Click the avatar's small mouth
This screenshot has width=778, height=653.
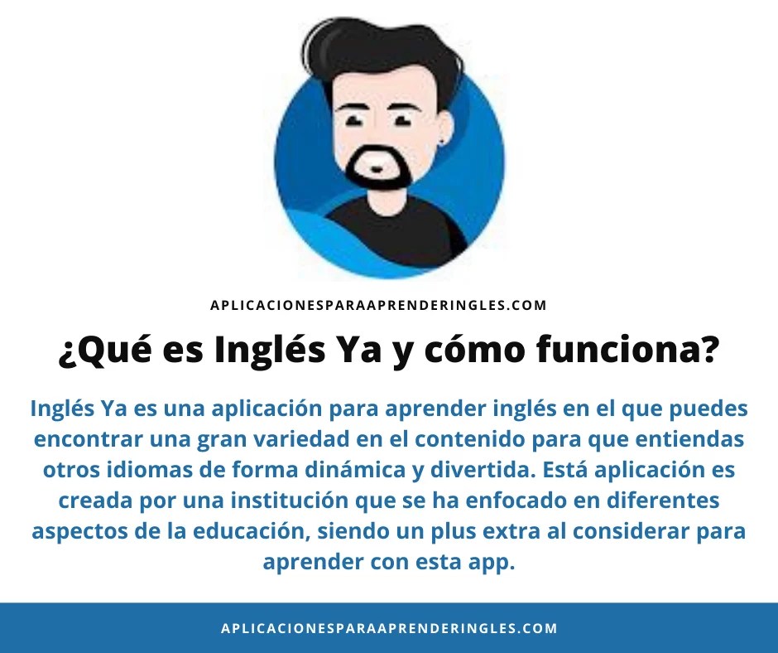tap(377, 168)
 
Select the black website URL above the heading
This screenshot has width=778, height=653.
tap(378, 305)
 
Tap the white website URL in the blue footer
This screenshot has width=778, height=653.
tap(389, 628)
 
